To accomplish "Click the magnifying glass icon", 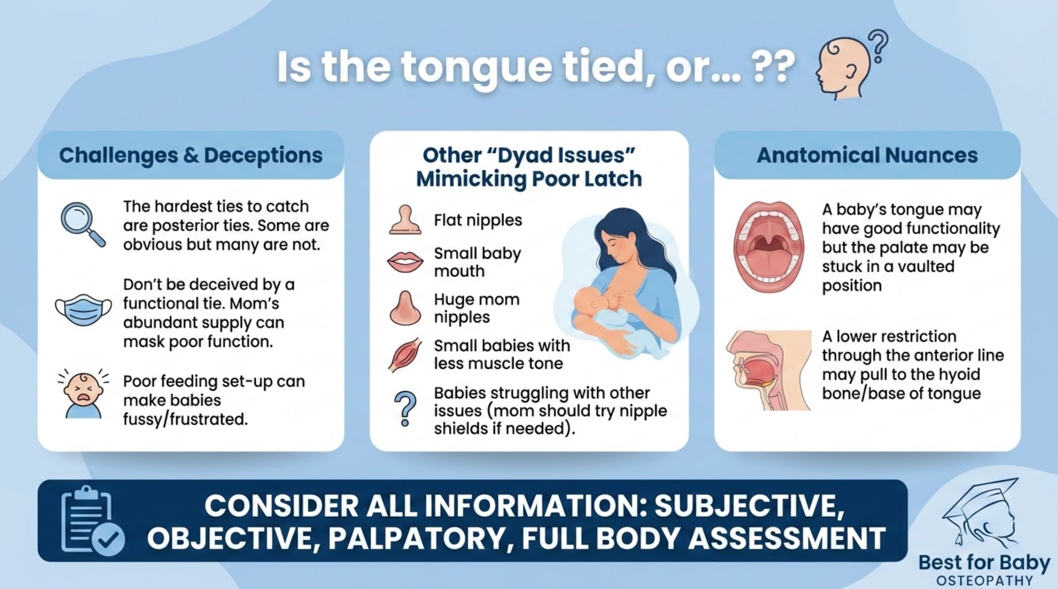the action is click(x=82, y=224).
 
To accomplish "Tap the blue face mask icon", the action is click(x=84, y=310).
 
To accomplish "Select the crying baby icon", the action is click(x=84, y=394).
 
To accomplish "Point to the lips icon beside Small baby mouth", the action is click(x=405, y=262).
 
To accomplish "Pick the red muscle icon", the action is click(x=405, y=355).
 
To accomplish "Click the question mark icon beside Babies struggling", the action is click(x=405, y=409).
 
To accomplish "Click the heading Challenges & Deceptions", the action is click(x=191, y=155).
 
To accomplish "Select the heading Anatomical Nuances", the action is click(x=867, y=155).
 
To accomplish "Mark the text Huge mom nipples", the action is click(x=477, y=308).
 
